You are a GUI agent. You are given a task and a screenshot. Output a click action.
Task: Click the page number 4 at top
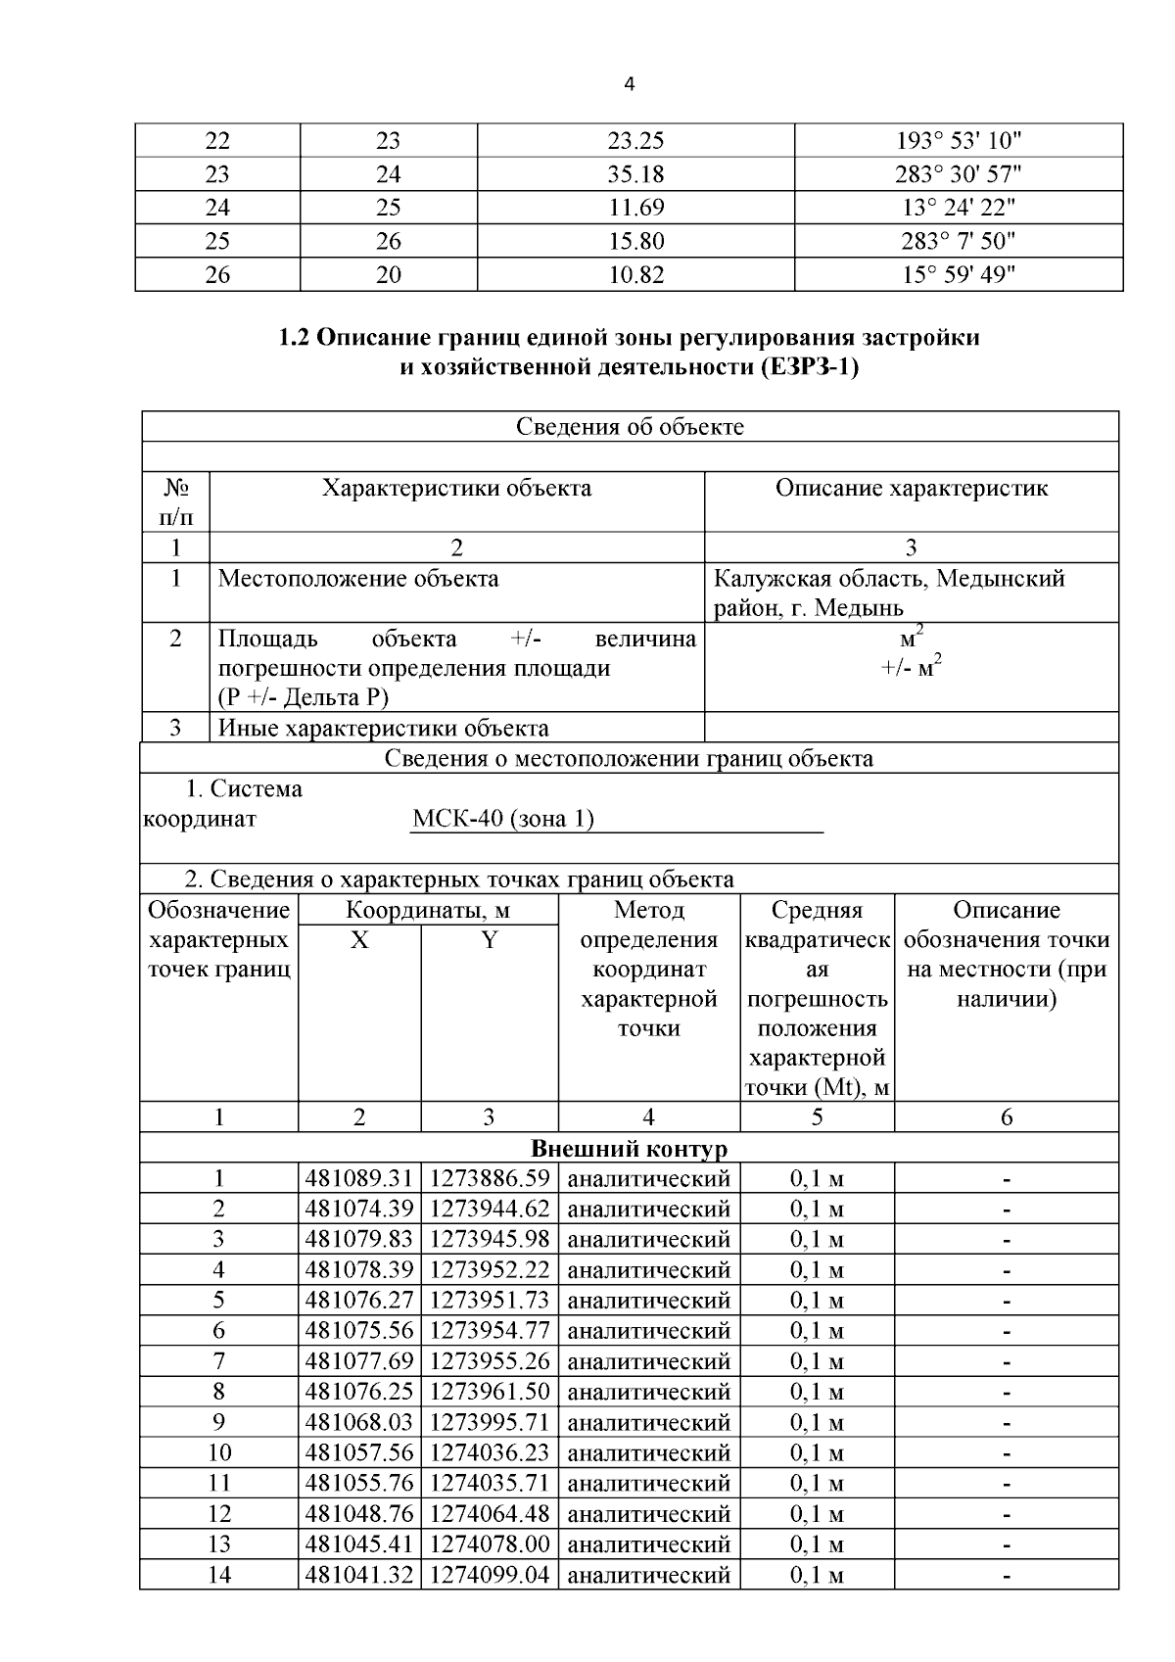coord(629,85)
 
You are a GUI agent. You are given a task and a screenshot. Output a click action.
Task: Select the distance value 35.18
coord(635,174)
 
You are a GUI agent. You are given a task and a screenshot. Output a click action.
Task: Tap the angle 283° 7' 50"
coord(958,241)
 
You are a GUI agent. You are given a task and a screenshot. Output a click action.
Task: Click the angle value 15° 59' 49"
coord(958,275)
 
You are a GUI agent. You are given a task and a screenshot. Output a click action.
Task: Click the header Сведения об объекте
coord(630,427)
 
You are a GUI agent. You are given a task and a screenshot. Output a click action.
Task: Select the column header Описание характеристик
coord(911,488)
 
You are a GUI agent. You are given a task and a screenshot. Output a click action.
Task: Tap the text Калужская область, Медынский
coord(888,579)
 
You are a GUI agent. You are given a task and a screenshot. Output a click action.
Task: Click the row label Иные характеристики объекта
coord(383,728)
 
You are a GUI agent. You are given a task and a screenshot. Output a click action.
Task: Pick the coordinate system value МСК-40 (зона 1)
coord(503,819)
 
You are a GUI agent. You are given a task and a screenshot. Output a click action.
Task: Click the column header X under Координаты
coord(359,940)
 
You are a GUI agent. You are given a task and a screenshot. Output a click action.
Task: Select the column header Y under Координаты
coord(489,940)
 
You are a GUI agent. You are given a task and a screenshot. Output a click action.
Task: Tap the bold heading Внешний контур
coord(629,1148)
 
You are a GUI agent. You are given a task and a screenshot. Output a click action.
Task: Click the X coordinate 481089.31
coord(359,1179)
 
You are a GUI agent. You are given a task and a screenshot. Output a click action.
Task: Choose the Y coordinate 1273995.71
coord(490,1422)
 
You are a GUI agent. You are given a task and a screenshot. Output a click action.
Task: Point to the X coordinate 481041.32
coord(359,1575)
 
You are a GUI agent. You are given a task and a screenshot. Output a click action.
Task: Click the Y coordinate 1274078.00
coord(490,1544)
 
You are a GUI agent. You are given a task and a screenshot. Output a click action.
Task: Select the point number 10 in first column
coord(219,1452)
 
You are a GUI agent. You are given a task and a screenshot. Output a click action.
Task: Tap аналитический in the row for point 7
coord(648,1361)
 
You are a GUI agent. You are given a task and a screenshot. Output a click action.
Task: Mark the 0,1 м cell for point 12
coord(817,1514)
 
